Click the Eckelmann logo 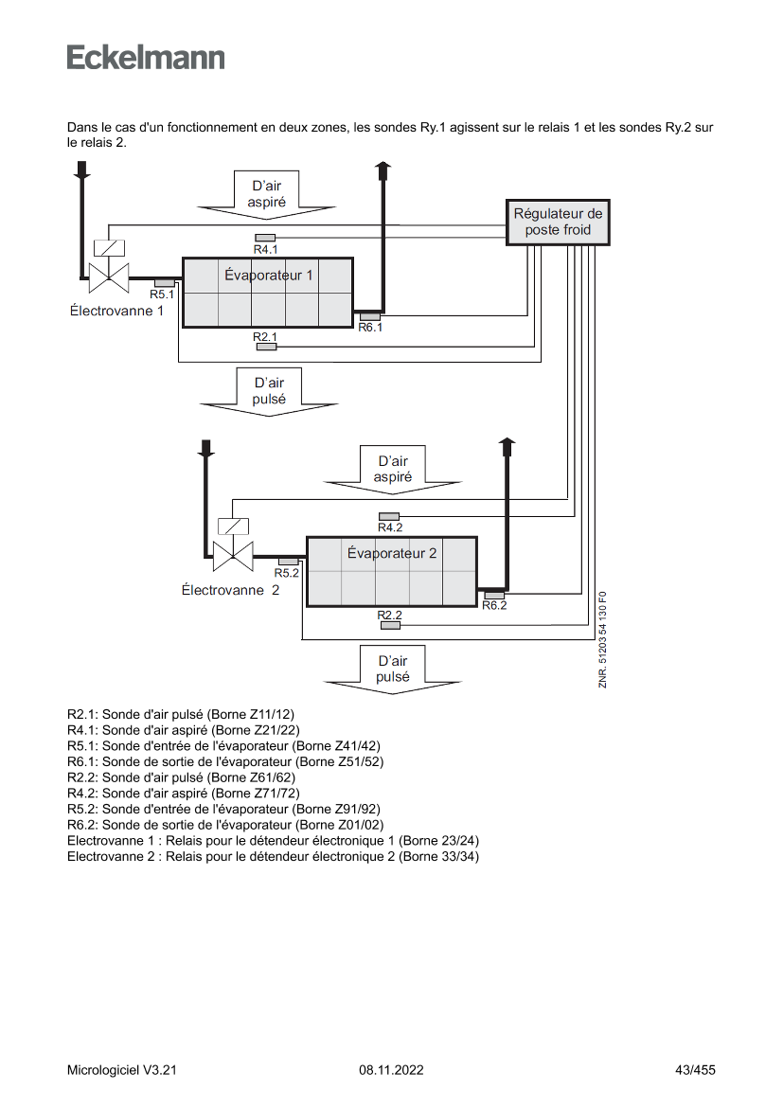pyautogui.click(x=146, y=57)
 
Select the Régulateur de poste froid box pyautogui.click(x=558, y=223)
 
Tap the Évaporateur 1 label pyautogui.click(x=268, y=276)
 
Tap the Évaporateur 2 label pyautogui.click(x=392, y=554)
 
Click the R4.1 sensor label pyautogui.click(x=265, y=249)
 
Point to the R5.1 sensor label pyautogui.click(x=162, y=295)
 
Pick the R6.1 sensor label pyautogui.click(x=370, y=328)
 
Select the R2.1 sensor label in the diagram pyautogui.click(x=265, y=337)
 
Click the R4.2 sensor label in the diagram pyautogui.click(x=390, y=527)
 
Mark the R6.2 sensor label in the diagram pyautogui.click(x=494, y=606)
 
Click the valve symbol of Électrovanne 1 pyautogui.click(x=108, y=270)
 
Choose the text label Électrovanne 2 pyautogui.click(x=230, y=590)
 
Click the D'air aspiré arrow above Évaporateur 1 pyautogui.click(x=267, y=194)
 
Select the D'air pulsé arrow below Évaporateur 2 pyautogui.click(x=392, y=669)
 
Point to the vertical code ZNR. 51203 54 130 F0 pyautogui.click(x=603, y=640)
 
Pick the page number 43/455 pyautogui.click(x=695, y=1070)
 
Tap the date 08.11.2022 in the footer pyautogui.click(x=391, y=1070)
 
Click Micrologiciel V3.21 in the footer pyautogui.click(x=122, y=1070)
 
